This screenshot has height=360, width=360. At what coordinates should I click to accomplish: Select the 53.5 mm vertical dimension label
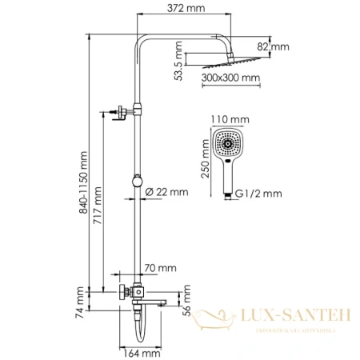click(x=179, y=61)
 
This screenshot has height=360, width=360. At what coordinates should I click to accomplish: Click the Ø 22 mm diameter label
click(x=167, y=192)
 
